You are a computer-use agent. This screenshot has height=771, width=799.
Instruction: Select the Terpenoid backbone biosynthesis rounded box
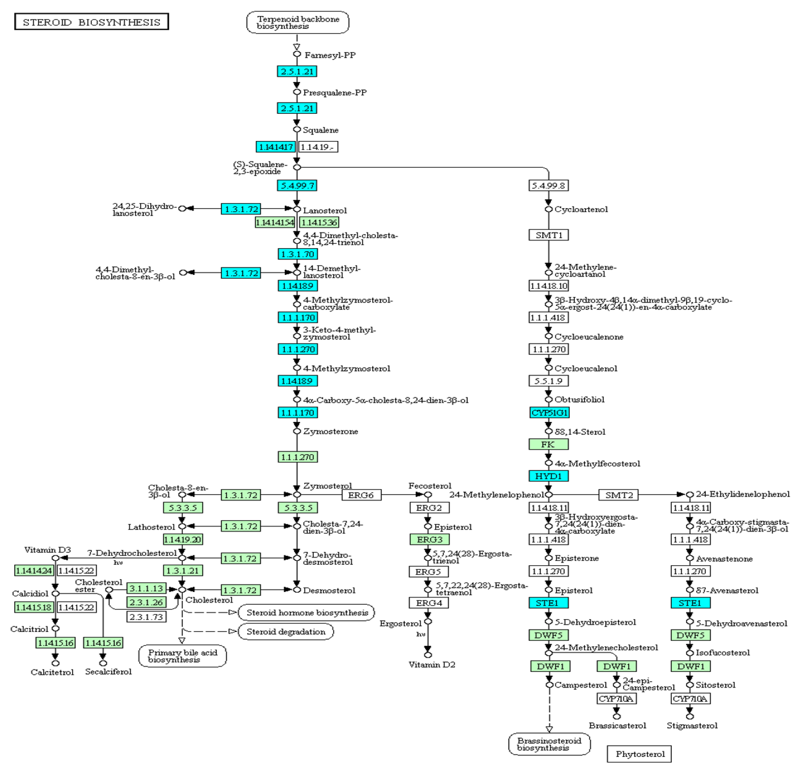(298, 22)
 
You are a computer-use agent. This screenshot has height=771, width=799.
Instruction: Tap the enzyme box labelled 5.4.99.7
(297, 186)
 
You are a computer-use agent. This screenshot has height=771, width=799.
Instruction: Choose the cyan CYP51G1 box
(549, 412)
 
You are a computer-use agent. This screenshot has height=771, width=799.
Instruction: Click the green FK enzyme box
(548, 444)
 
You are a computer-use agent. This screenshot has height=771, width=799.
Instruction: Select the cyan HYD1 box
(548, 476)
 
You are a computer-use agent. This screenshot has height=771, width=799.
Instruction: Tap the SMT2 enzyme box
(618, 495)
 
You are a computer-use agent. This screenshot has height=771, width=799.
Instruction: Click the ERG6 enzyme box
(361, 495)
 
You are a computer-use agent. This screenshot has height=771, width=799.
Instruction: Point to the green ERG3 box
(429, 539)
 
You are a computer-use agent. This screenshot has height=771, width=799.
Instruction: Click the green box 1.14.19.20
(183, 539)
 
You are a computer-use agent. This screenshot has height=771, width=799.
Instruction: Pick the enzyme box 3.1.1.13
(146, 588)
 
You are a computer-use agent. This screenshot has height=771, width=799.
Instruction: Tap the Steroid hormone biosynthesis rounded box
(306, 612)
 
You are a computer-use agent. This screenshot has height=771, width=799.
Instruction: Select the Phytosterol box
(639, 754)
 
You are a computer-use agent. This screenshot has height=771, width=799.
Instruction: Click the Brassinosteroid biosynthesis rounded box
(549, 744)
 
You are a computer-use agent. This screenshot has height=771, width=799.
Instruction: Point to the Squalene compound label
(320, 130)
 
